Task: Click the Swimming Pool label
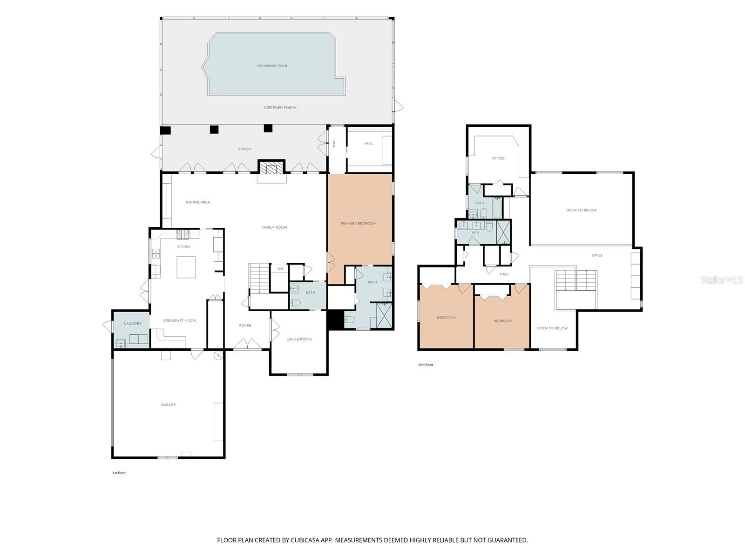[x=272, y=66]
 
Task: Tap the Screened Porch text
[x=280, y=108]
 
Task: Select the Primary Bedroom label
[x=359, y=223]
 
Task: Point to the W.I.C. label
[x=369, y=143]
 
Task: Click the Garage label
[x=168, y=404]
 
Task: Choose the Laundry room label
[x=132, y=323]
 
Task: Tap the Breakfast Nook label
[x=180, y=320]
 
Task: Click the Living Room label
[x=298, y=339]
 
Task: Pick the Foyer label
[x=245, y=326]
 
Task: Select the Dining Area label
[x=198, y=202]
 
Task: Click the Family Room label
[x=274, y=227]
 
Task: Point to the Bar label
[x=281, y=269]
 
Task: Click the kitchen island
[x=186, y=267]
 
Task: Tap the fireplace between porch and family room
[x=271, y=167]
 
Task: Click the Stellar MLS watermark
[x=721, y=279]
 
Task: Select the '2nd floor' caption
[x=426, y=365]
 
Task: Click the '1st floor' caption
[x=119, y=473]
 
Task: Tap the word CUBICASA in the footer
[x=305, y=540]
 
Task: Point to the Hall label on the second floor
[x=504, y=274]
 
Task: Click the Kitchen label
[x=183, y=247]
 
